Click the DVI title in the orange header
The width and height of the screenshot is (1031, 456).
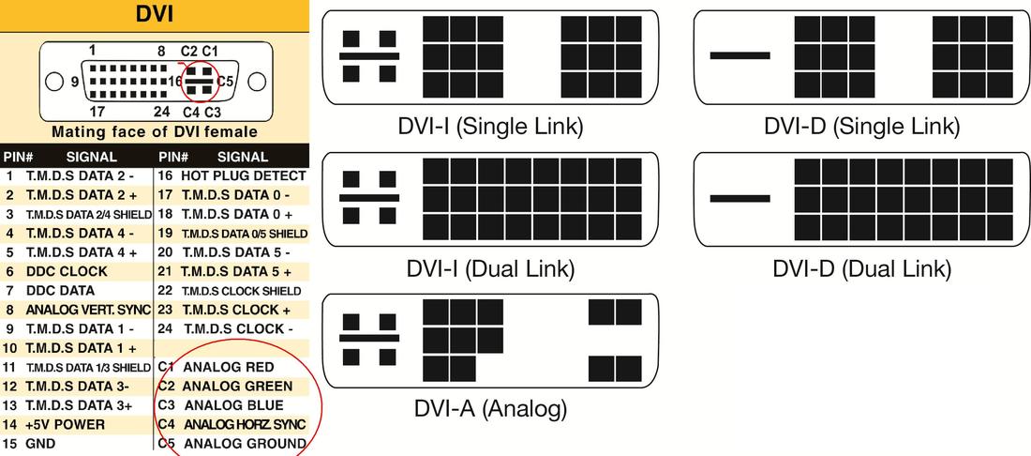coord(155,14)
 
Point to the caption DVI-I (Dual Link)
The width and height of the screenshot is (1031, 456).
coord(490,267)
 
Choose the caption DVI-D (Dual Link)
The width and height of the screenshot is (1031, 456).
coord(862,267)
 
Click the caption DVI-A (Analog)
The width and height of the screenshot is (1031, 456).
coord(490,409)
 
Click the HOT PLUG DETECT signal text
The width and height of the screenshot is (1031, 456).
coord(244,175)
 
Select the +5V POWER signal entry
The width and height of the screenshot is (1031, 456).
coord(65,424)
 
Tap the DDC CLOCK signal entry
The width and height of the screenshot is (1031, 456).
coord(67,271)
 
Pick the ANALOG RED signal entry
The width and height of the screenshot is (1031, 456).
coord(229,367)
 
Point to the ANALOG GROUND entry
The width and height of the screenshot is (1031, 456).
coord(245,444)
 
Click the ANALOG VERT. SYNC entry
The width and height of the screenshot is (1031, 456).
coord(88,310)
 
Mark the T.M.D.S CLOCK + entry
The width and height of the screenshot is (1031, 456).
coord(235,310)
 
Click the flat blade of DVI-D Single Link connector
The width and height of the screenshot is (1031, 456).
coord(740,56)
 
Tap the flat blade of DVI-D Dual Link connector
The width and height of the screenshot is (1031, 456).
coord(740,198)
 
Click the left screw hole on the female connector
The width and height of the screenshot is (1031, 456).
coord(54,83)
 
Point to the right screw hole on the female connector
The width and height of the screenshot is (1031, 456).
coord(257,83)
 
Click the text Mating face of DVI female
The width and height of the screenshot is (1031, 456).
coord(155,131)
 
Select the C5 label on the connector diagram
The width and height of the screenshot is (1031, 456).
coord(226,82)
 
